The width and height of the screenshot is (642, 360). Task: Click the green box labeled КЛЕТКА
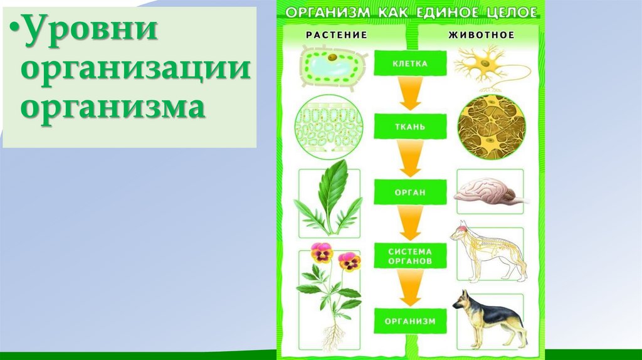click(x=410, y=63)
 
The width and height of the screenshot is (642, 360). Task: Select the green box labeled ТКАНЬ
click(x=410, y=127)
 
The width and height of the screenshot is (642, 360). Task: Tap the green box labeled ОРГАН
click(x=410, y=192)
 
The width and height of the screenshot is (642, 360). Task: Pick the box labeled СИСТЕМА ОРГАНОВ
click(x=410, y=256)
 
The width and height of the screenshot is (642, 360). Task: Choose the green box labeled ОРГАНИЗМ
click(x=410, y=321)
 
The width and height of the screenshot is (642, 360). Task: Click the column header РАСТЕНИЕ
click(x=337, y=35)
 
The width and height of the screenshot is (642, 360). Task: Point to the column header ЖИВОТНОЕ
click(x=481, y=35)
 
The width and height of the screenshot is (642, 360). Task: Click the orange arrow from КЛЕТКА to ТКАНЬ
click(x=410, y=93)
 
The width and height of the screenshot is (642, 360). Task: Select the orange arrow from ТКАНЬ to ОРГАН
click(x=410, y=158)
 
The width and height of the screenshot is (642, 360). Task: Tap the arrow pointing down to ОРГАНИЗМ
click(x=410, y=288)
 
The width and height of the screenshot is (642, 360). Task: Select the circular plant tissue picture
click(x=329, y=127)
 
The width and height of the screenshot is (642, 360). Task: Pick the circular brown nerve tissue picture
click(x=492, y=127)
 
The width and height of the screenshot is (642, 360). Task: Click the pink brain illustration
click(x=489, y=191)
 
